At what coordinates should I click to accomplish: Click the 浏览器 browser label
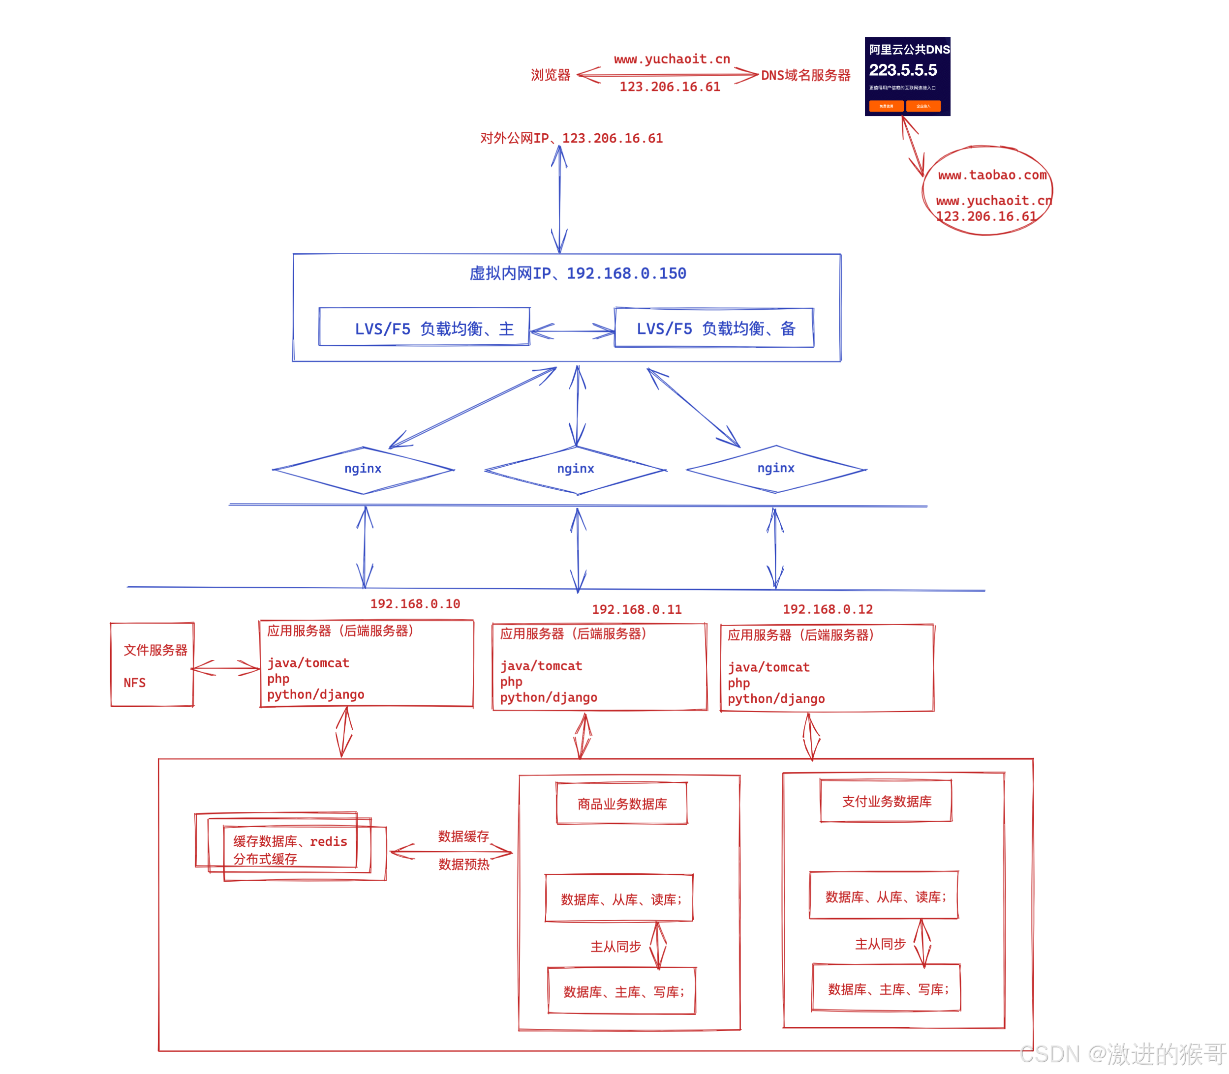550,75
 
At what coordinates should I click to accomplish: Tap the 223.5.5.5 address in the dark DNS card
902,70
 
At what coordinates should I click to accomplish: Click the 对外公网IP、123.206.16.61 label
571,138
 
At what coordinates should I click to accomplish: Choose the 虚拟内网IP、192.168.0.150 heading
577,273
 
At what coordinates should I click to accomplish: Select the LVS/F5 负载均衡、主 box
424,327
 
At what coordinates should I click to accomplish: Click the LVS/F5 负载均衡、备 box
714,328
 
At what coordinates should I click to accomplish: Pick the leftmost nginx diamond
363,469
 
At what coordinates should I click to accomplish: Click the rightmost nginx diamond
776,468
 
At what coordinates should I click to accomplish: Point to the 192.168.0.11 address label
637,609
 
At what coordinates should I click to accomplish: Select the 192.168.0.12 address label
828,609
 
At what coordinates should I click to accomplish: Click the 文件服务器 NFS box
153,665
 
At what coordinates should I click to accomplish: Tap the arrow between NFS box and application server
225,668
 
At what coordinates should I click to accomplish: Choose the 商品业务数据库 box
622,804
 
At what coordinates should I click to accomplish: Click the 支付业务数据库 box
886,801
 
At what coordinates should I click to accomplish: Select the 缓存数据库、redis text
290,841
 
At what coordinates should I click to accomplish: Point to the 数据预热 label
463,864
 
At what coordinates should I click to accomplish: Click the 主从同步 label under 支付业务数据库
880,944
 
